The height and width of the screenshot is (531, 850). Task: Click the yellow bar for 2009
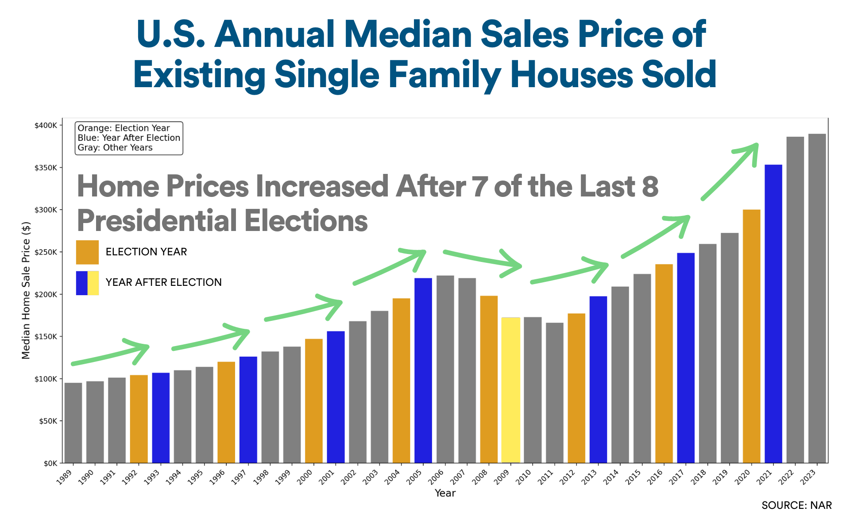pos(511,390)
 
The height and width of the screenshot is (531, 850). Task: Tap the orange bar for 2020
pos(751,336)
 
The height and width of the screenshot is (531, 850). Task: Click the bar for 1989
pos(73,423)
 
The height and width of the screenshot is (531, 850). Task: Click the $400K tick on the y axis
pos(46,126)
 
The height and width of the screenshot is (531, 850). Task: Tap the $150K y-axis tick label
pos(46,337)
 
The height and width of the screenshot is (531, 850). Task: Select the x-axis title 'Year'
pos(445,493)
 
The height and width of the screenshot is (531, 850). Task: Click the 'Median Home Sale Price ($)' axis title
pos(26,290)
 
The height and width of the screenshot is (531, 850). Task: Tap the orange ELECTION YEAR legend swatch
pos(87,252)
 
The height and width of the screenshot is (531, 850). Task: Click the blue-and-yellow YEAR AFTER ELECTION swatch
pos(87,283)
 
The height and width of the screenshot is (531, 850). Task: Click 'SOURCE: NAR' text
pos(796,505)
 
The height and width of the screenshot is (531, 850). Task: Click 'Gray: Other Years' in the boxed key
pos(115,148)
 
